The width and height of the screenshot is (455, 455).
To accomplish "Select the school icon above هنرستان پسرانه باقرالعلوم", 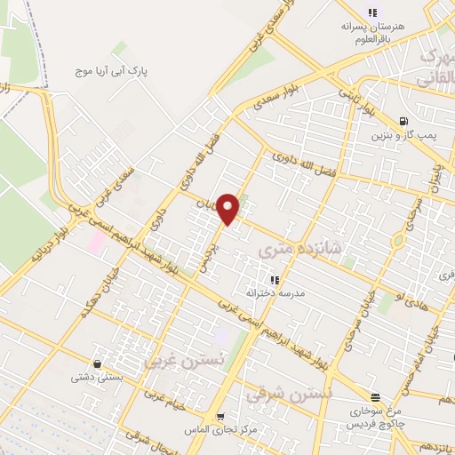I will [372, 12].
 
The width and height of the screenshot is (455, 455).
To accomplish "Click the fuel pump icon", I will [404, 121].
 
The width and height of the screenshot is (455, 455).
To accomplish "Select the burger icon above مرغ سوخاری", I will [376, 397].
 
